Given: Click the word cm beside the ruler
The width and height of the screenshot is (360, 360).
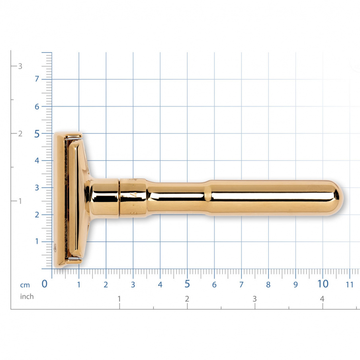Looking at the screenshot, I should (25, 285).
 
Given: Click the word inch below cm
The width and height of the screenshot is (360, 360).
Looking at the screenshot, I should (27, 297).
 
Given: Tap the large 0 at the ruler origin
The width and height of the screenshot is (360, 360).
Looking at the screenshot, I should (45, 284).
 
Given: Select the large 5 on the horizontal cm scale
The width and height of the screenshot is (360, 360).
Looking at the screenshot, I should (187, 284).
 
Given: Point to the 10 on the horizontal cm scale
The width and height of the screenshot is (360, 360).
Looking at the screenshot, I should (323, 284).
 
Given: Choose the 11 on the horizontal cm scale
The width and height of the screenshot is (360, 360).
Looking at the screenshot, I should (350, 285).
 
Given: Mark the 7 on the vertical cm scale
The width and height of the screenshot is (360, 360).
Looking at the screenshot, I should (37, 79).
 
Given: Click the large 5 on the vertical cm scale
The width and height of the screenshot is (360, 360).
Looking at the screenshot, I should (37, 134).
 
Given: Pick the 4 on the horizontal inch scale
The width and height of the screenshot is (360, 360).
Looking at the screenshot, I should (322, 299).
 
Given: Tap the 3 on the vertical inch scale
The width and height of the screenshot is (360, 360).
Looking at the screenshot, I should (20, 66).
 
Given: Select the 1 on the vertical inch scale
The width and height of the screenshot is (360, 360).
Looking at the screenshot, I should (20, 201).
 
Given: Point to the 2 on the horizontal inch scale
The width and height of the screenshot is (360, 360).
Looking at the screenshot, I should (187, 299).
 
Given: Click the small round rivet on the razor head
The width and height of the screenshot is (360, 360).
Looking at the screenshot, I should (55, 248).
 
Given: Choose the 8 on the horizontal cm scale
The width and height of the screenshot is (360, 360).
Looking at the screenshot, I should (268, 285).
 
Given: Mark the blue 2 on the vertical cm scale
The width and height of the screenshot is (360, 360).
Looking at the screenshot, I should (37, 215).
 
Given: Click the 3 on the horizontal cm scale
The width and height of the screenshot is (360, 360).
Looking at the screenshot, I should (133, 285).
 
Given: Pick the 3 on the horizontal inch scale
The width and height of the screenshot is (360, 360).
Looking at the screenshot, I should (254, 299).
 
